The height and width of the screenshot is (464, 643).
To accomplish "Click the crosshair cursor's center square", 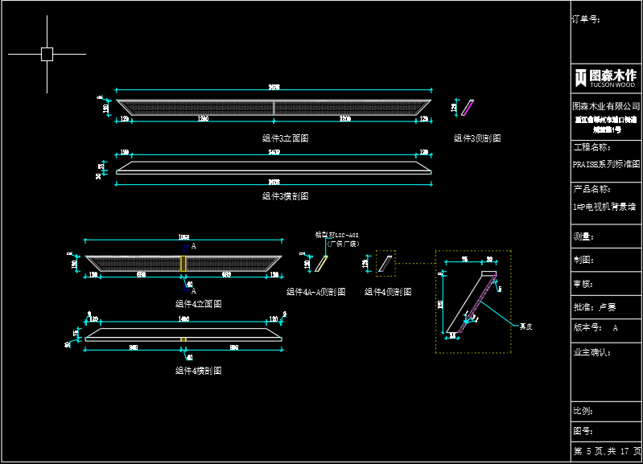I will pos(47,54).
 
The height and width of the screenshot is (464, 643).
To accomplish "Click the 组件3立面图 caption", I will pos(285,138).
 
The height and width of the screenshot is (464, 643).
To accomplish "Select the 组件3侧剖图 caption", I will pos(477,138).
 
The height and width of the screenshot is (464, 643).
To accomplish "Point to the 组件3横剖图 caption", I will pos(285,196).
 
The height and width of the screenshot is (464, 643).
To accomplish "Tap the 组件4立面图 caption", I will pos(198,304).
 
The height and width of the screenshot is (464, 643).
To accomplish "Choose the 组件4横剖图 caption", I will pos(198,371).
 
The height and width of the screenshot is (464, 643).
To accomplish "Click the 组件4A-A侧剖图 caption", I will pos(316,292).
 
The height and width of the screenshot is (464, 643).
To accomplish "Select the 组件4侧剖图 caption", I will pos(388,292).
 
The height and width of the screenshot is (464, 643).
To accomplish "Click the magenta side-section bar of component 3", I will pos(468,107).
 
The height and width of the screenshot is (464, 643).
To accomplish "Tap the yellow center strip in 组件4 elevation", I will pos(183,263).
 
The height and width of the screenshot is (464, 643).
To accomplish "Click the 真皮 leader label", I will pos(526,326).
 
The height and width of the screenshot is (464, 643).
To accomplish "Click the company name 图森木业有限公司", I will pos(605,106).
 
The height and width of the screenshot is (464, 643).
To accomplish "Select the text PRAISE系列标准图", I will pos(605,163).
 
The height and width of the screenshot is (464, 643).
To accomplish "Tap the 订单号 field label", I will pos(586,18).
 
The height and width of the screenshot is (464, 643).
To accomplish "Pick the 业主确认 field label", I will pos(591,352).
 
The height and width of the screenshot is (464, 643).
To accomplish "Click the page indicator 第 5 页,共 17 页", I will pos(607,451).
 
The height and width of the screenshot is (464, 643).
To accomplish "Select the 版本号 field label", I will pos(586,328).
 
